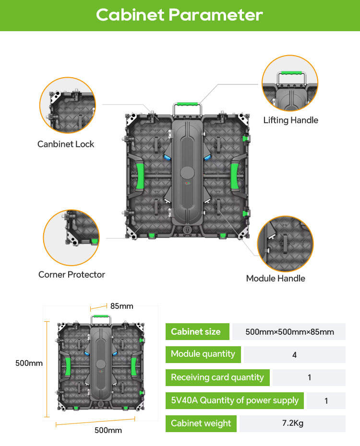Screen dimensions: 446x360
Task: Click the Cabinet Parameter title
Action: point(180,15)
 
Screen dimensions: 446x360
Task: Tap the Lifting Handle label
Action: point(290,120)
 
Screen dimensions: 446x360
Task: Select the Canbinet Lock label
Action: point(66,144)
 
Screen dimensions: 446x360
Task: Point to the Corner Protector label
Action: point(72,274)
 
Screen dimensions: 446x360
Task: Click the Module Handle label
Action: point(276,278)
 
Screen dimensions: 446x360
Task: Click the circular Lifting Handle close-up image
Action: point(290,83)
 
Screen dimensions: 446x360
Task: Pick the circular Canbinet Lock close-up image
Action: point(67,106)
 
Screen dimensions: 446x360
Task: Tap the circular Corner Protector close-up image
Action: point(72,238)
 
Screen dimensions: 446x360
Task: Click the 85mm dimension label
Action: point(121,306)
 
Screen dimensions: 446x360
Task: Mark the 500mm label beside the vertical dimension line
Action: point(29,363)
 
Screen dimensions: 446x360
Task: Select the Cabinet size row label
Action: point(196,331)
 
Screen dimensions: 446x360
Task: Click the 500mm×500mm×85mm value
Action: point(289,332)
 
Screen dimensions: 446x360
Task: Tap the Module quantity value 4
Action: point(294,355)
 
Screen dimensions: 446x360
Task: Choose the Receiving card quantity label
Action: point(217,377)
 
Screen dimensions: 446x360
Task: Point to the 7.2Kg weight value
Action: point(292,423)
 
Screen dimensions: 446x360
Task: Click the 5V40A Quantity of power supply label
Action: point(235,400)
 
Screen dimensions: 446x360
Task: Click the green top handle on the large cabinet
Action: point(187,104)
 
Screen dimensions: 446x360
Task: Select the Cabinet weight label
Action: point(201,423)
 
